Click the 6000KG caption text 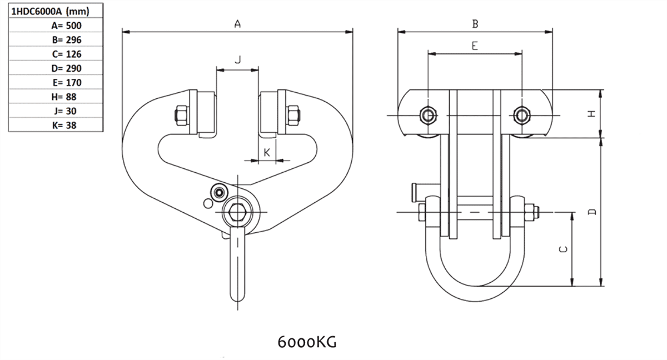click(x=307, y=341)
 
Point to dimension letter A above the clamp click(x=237, y=24)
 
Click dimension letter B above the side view click(x=475, y=24)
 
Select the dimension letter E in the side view click(x=475, y=46)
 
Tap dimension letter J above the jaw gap click(x=237, y=60)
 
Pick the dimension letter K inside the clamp click(x=267, y=152)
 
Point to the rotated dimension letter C click(x=563, y=249)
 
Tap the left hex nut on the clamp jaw click(x=181, y=116)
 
